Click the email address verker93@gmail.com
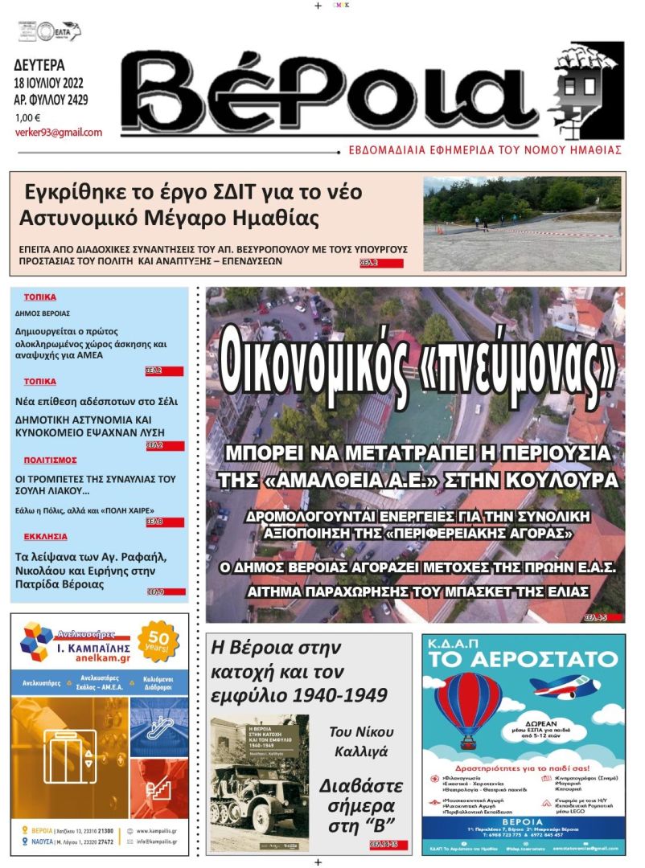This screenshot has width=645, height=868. tap(59, 133)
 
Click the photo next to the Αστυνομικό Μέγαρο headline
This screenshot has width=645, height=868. tap(522, 223)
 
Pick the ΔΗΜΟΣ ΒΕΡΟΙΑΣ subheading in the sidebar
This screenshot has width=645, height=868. tap(43, 313)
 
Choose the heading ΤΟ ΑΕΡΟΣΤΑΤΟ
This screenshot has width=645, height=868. tap(523, 660)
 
